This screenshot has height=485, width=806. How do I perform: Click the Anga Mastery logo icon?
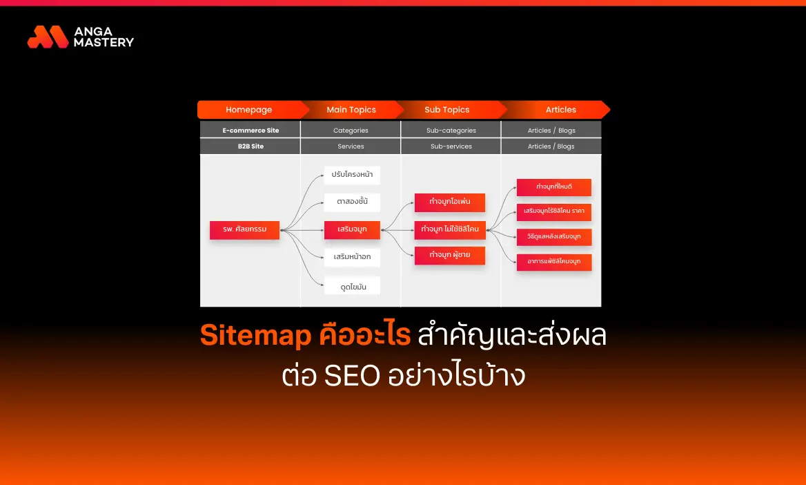[48, 37]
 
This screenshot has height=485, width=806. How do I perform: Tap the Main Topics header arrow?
[351, 110]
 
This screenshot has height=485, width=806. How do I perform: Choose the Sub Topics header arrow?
[447, 110]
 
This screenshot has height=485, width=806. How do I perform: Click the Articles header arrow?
[560, 110]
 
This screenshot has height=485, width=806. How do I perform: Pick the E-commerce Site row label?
[250, 130]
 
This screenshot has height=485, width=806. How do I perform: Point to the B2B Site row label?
[250, 146]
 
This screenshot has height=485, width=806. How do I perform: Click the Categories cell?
[351, 130]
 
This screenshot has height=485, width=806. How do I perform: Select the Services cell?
[351, 146]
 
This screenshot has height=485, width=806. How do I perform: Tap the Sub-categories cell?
[451, 130]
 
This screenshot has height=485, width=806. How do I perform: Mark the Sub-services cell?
[451, 146]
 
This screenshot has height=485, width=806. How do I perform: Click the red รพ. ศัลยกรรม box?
[244, 229]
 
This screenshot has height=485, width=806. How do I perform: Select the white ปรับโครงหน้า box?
[352, 175]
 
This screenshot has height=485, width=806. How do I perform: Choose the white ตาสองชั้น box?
[352, 202]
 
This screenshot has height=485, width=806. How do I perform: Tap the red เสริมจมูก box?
[352, 229]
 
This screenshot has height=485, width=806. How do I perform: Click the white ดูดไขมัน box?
[352, 285]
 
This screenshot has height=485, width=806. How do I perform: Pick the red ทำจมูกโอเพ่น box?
[450, 202]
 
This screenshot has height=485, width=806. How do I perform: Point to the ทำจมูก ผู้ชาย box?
[450, 256]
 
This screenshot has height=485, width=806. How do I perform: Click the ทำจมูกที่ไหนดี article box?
[553, 187]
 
